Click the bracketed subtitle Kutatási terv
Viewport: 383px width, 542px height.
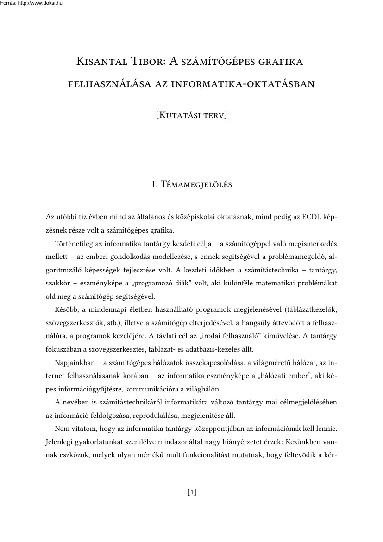point(192,114)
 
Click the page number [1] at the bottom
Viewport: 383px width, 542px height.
point(192,492)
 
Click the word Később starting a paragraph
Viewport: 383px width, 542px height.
point(66,309)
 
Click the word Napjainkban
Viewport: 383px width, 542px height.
point(75,361)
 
